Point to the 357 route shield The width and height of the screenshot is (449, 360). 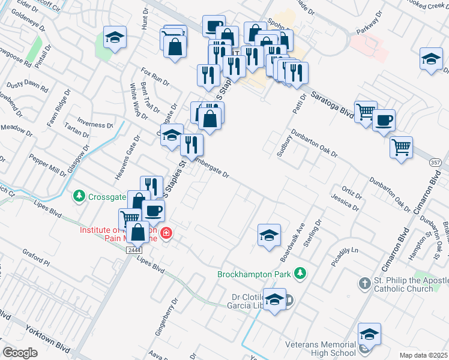click(x=436, y=163)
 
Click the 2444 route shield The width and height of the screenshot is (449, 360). click(x=134, y=251)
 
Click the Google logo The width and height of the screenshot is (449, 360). click(x=20, y=353)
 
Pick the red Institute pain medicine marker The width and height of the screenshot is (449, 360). click(x=166, y=233)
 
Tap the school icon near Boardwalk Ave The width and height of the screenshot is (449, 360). click(x=269, y=235)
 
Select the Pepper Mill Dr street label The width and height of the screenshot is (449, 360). click(x=47, y=166)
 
